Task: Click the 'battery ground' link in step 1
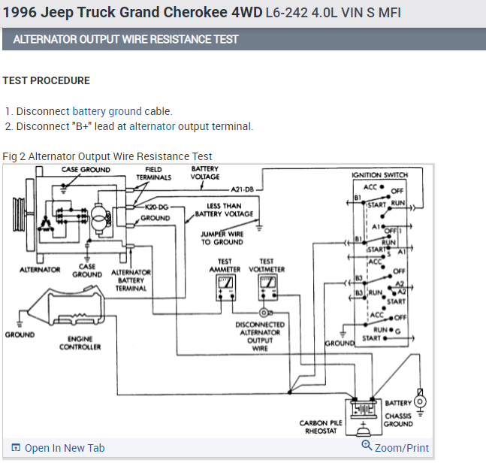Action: tap(107, 111)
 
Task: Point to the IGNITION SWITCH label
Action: tap(379, 175)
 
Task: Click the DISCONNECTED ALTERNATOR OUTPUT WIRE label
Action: tap(259, 336)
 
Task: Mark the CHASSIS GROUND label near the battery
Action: tap(398, 419)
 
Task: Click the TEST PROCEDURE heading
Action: tap(46, 80)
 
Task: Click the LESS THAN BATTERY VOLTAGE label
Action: tap(224, 210)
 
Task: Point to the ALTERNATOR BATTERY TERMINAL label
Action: tap(131, 280)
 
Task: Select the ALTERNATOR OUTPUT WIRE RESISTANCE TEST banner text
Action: tap(125, 39)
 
